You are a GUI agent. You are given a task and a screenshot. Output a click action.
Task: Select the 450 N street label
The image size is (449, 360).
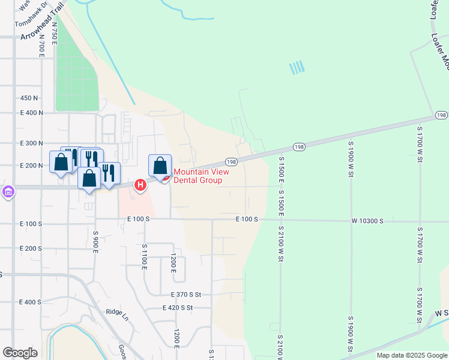(x=29, y=98)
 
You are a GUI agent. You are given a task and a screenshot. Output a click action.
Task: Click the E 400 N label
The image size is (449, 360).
(x=32, y=113)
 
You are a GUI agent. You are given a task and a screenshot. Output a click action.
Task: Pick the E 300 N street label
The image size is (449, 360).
(x=32, y=143)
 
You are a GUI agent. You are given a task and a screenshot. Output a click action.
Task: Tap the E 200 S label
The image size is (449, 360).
(x=31, y=248)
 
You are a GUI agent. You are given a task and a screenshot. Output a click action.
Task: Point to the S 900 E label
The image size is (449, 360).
(x=95, y=241)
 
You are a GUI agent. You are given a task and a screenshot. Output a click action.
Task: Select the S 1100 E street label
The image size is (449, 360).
(x=144, y=256)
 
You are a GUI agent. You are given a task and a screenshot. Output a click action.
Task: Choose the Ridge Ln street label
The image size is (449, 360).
(x=118, y=312)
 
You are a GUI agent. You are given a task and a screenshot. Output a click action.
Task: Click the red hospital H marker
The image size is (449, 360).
(x=140, y=185)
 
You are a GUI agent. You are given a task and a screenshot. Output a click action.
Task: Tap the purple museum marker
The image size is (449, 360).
(x=8, y=192)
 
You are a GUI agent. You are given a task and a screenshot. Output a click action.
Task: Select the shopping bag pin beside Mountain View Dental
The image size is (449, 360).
(x=160, y=166)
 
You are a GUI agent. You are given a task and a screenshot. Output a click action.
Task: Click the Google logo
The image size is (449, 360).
(x=20, y=353)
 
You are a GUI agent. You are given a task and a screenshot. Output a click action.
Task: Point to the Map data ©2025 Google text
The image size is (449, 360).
(x=412, y=356)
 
